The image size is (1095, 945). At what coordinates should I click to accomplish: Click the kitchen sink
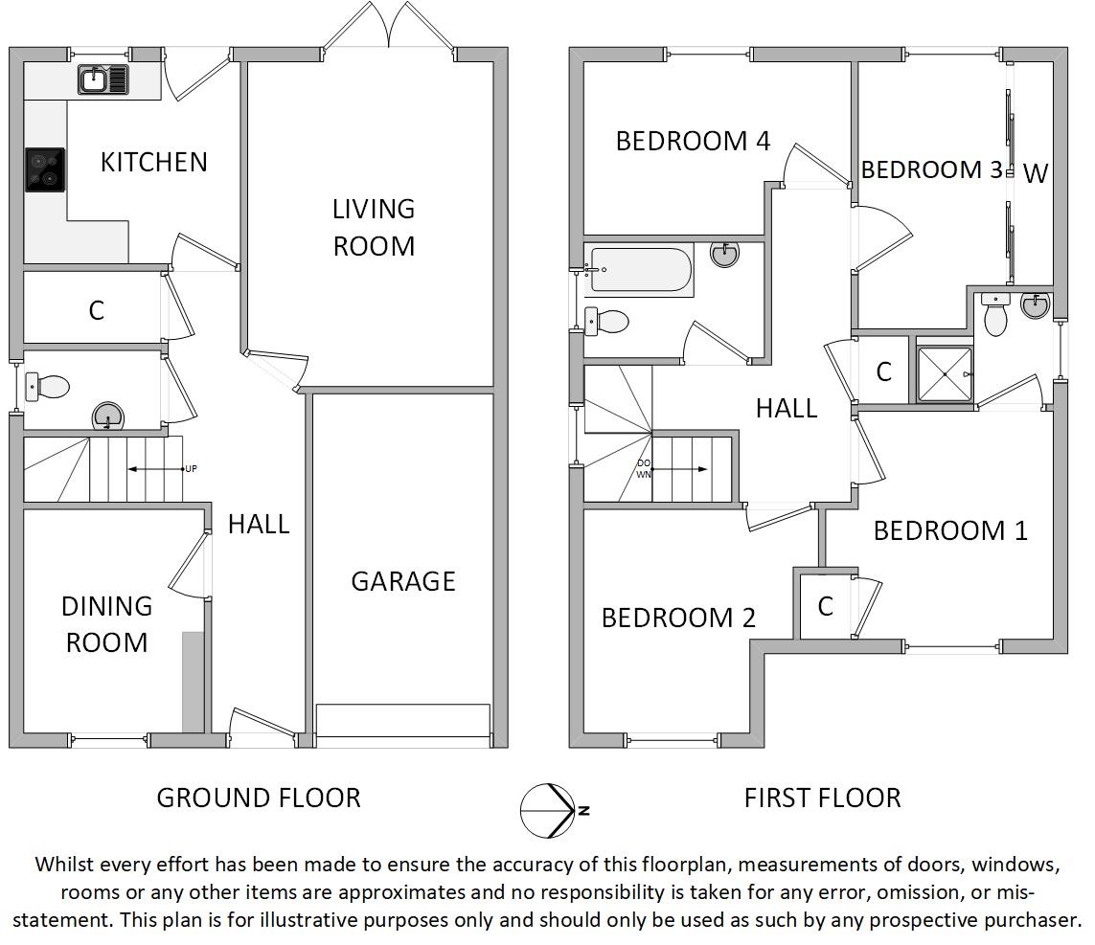click(x=103, y=79)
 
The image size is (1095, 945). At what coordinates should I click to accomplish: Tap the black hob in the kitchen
click(x=45, y=169)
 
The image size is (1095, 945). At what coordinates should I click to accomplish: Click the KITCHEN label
click(x=153, y=162)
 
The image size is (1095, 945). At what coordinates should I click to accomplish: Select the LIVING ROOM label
click(x=374, y=228)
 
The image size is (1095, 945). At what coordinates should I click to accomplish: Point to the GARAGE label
click(x=403, y=581)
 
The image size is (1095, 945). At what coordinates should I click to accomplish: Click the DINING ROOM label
click(x=107, y=624)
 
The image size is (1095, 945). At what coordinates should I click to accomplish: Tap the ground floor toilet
click(x=48, y=387)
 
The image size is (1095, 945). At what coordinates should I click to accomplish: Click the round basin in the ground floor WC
click(x=108, y=416)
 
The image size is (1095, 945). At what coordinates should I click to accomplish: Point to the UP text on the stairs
click(x=191, y=468)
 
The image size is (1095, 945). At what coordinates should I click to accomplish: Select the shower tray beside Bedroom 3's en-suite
click(x=945, y=374)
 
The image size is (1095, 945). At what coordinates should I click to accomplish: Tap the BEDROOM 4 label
click(x=693, y=141)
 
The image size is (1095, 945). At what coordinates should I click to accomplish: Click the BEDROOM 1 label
click(x=950, y=530)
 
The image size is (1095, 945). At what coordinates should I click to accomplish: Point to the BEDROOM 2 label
click(x=678, y=618)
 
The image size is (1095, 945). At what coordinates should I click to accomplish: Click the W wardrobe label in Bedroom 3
click(x=1036, y=173)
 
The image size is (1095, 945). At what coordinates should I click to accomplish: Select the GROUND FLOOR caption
click(x=259, y=798)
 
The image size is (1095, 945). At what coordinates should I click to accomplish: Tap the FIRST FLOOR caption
click(x=823, y=798)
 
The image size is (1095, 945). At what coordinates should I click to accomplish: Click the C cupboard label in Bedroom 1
click(x=826, y=606)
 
